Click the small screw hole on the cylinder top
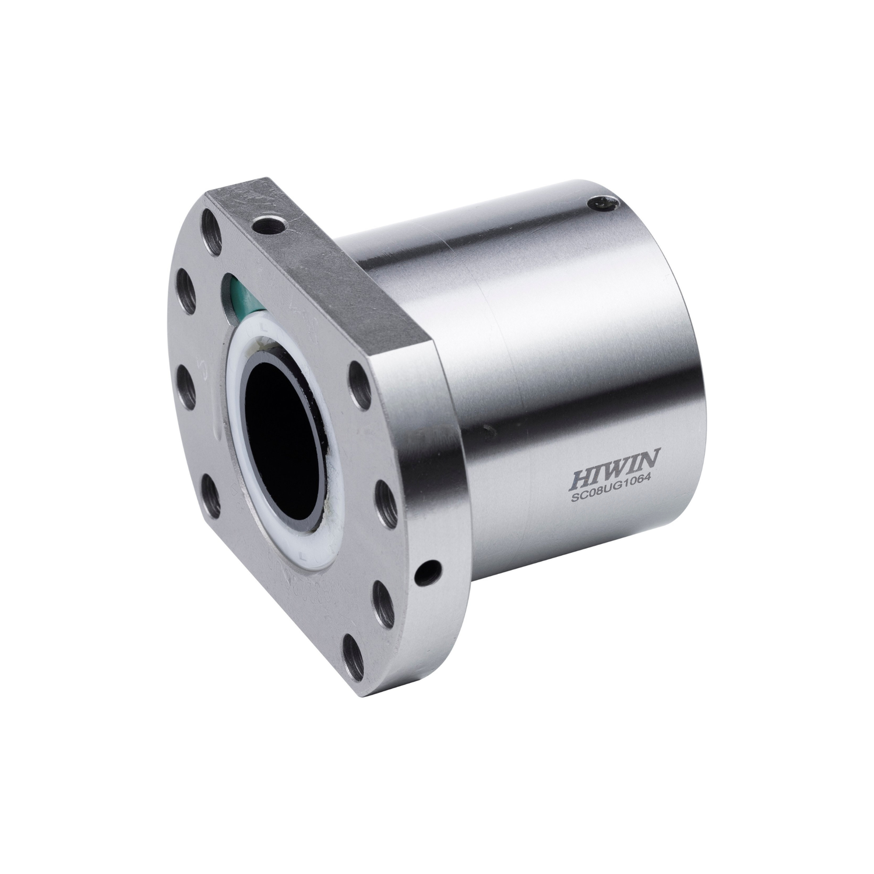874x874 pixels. [x=602, y=203]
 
